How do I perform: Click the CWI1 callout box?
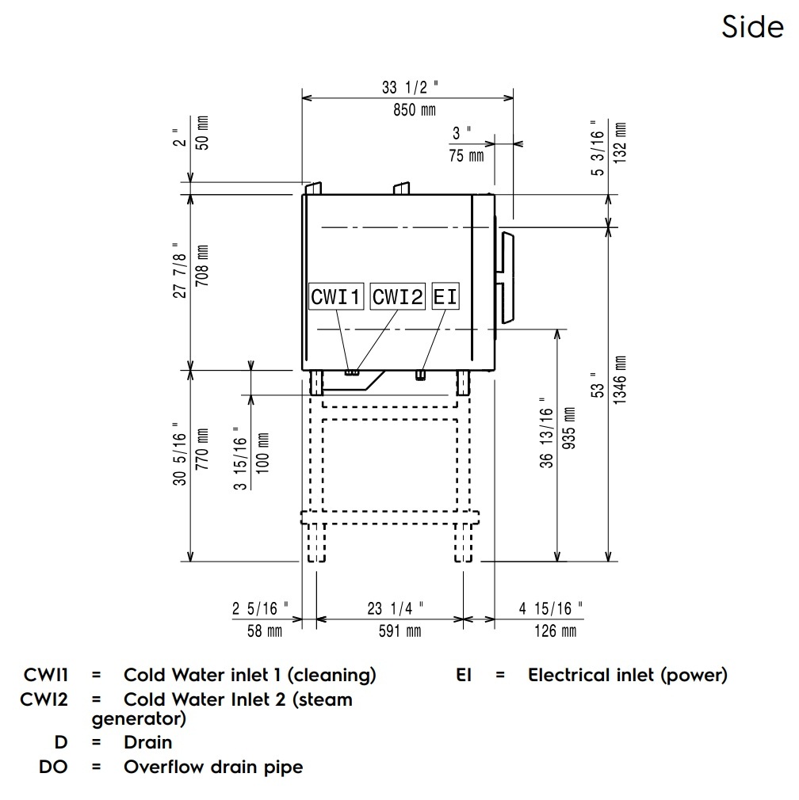336,297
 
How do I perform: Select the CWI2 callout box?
398,297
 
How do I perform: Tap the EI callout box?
445,297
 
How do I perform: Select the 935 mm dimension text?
568,428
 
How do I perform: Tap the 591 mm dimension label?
394,631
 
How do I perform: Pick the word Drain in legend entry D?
147,742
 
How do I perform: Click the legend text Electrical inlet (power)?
627,676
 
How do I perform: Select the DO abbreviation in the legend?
53,767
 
